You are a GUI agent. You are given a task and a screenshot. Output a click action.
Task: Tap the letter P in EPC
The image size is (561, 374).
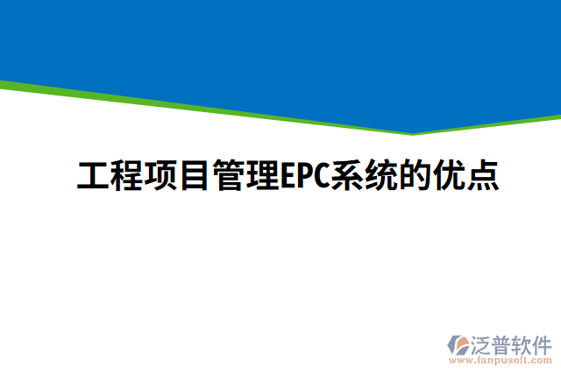(301, 176)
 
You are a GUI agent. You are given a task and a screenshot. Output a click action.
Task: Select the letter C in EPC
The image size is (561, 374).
(317, 176)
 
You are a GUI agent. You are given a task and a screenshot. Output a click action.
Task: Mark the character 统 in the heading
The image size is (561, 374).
(376, 176)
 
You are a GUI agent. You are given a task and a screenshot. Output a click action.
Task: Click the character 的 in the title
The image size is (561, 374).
(409, 176)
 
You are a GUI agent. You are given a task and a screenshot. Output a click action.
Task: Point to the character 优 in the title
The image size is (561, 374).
(443, 176)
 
